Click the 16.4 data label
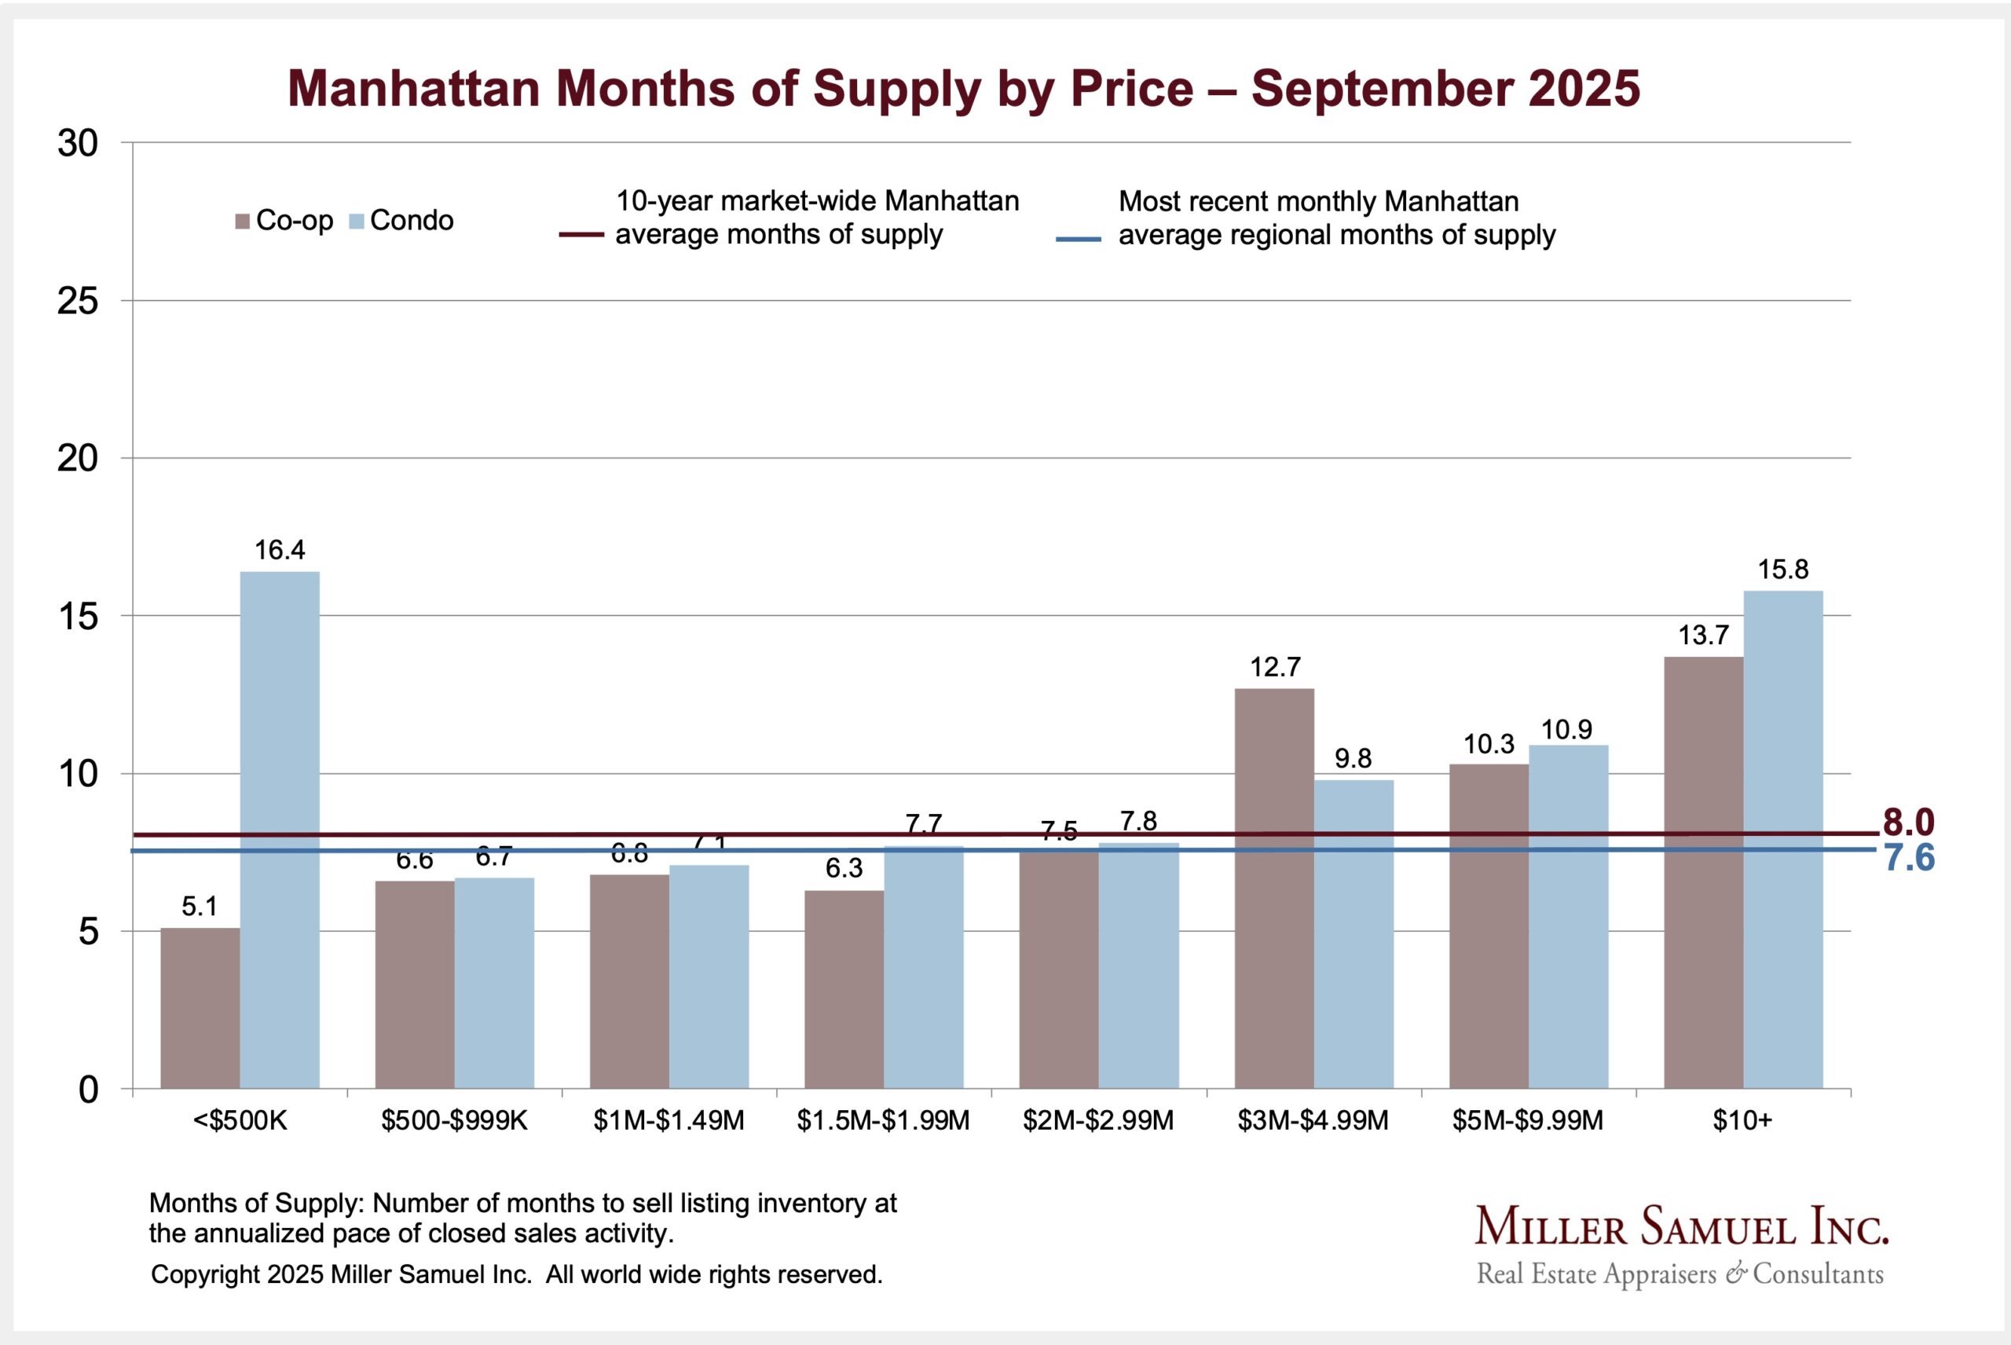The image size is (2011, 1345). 280,550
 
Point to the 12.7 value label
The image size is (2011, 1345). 1274,667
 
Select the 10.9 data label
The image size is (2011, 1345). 1567,730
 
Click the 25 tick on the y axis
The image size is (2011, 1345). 78,301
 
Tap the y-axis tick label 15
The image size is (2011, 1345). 78,617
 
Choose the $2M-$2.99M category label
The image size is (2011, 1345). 1097,1120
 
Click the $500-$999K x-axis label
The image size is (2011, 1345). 455,1120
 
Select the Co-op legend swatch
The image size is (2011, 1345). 243,222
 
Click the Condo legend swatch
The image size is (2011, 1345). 357,222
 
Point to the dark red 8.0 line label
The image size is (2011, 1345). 1908,823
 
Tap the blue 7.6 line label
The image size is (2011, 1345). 1909,859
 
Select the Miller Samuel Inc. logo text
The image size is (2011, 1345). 1681,1227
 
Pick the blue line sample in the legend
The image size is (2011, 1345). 1078,240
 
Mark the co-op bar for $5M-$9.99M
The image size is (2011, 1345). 1489,926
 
